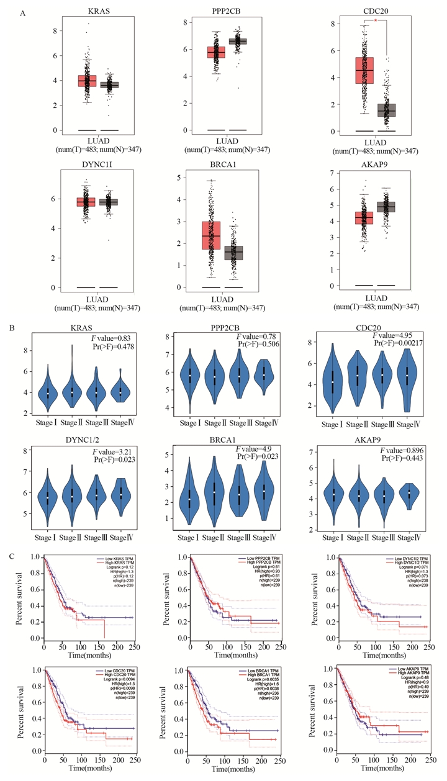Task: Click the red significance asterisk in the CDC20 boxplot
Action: [376, 20]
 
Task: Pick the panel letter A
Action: [22, 13]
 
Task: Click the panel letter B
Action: [22, 322]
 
